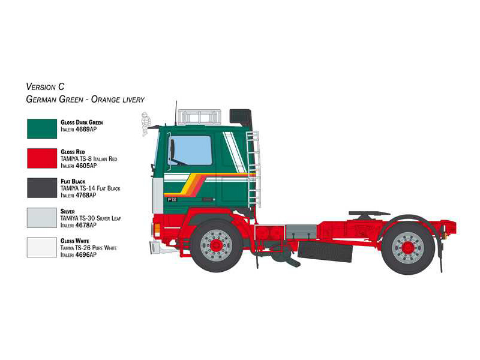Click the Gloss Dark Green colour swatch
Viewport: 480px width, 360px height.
[42, 129]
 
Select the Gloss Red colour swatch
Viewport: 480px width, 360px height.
[42, 158]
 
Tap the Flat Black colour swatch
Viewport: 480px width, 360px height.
[42, 188]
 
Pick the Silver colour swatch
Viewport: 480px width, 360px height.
[42, 218]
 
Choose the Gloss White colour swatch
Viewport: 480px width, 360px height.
[42, 247]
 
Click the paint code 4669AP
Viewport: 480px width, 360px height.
[86, 130]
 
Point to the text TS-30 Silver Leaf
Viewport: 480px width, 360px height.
[100, 218]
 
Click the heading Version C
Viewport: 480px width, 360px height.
[46, 86]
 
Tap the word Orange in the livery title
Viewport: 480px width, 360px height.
[106, 100]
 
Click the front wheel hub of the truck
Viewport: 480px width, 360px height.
[216, 244]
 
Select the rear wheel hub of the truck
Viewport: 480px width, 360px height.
[408, 247]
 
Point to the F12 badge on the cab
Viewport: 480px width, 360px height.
[172, 200]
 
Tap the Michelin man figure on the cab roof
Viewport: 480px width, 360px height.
[146, 124]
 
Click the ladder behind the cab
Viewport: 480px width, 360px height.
[254, 169]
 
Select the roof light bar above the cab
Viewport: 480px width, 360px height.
[199, 117]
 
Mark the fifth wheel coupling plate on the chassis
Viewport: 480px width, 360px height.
[369, 213]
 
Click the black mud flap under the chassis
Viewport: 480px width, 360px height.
[325, 251]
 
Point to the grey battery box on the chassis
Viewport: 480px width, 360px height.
[301, 232]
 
